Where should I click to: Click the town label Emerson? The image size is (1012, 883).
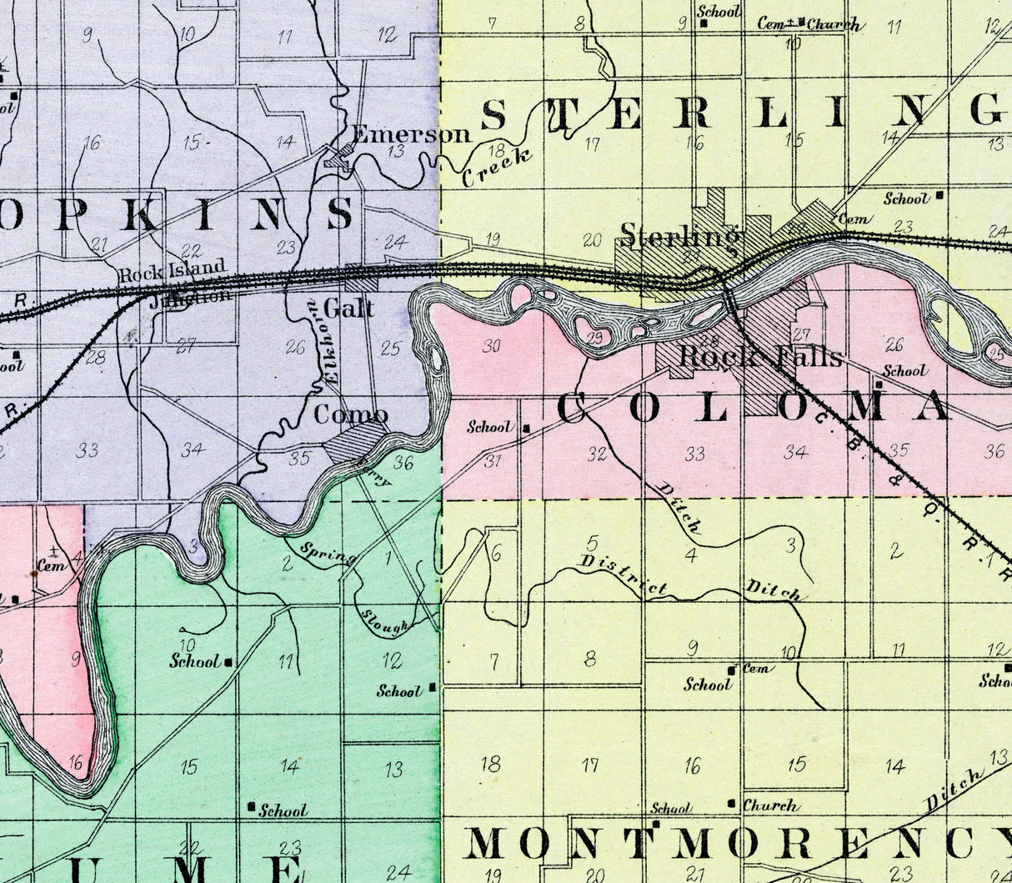coord(411,134)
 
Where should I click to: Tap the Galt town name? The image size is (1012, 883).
coord(348,309)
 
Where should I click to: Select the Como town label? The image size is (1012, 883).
coord(350,414)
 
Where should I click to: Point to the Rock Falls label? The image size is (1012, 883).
coord(760,357)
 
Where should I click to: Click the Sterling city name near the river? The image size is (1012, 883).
coord(680,236)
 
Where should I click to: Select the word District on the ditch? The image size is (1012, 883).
coord(623,575)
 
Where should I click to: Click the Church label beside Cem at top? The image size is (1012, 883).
coord(833,25)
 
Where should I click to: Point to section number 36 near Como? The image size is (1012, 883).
coord(403,464)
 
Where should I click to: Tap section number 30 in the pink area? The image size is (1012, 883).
coord(492,345)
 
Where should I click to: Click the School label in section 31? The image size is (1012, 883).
coord(489,427)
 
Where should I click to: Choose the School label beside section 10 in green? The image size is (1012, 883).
coord(195,661)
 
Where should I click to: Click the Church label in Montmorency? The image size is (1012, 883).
coord(770,806)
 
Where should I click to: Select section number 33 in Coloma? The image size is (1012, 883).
coord(694,454)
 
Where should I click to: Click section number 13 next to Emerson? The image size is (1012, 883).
coord(396,151)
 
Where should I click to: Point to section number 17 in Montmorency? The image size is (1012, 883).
coord(590,765)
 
